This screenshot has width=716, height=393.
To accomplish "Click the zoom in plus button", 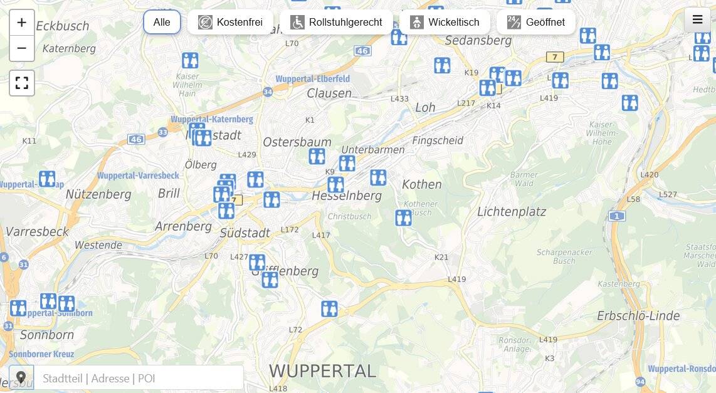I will coord(22,23).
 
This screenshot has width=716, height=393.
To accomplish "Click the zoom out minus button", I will coord(22,48).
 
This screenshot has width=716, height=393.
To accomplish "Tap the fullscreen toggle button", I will coord(22,83).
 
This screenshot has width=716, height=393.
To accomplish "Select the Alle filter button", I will coord(162,22).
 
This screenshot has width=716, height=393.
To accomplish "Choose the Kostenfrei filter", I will coord(230,22).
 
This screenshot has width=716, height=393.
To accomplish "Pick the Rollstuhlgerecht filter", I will coord(336,22).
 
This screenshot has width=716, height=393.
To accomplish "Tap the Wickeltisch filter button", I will coord(445,22).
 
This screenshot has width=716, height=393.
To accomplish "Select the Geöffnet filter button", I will coord(536,22).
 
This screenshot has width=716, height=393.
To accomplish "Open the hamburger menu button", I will coord(697,19).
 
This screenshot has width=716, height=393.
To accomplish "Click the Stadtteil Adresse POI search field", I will coord(138,378).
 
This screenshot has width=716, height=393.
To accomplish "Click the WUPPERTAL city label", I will coord(323,370).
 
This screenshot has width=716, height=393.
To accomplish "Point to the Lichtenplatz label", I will coord(512,212).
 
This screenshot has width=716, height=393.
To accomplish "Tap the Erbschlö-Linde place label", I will coord(638,316).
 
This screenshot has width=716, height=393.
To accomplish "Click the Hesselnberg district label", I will coord(346,196).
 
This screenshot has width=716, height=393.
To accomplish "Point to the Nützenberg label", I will coord(98,194).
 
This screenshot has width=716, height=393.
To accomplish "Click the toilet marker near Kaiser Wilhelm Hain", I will coord(190,60).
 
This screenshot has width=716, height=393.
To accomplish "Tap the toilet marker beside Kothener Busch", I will coord(403,217).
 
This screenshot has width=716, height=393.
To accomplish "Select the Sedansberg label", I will coord(478,41).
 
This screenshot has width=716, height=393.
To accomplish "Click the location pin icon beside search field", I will coord(21,378).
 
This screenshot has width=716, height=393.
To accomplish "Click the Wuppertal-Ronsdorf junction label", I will coord(682,369).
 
